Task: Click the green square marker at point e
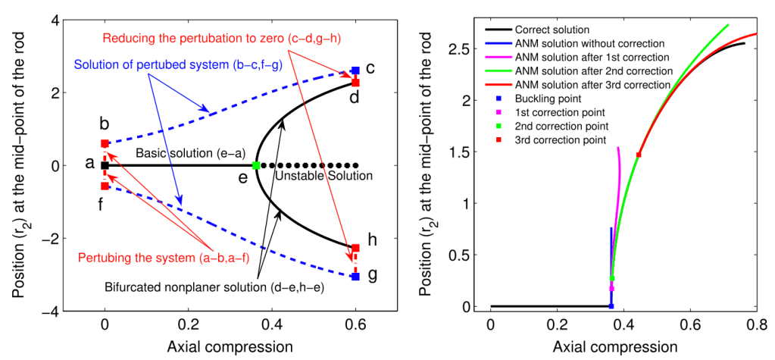point(256,165)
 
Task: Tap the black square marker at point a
point(105,165)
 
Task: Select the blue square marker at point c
point(355,70)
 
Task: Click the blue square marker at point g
point(355,277)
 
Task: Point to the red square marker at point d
point(355,82)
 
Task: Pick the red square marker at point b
point(105,143)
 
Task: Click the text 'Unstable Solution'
point(324,177)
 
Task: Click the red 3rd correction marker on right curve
point(639,155)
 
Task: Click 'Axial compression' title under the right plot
point(614,347)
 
